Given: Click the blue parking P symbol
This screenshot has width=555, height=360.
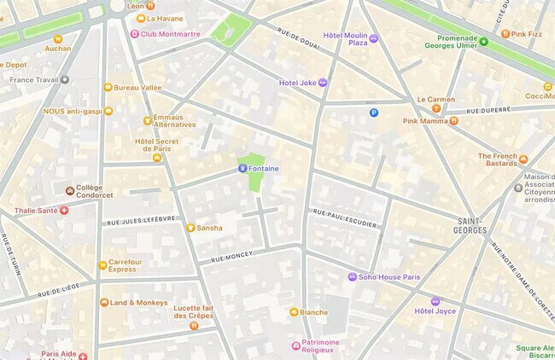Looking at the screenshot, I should (373, 113).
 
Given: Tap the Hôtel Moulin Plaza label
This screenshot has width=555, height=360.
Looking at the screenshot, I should (346, 38).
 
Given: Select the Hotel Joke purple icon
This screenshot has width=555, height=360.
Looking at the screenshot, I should (322, 83).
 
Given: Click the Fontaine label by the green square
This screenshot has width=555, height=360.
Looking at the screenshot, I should (263, 169).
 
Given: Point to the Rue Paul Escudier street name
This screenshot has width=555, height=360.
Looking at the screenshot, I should (345, 218).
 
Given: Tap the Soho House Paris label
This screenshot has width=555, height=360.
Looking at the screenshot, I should (389, 277).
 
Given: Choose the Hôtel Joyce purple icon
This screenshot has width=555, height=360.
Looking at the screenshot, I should (435, 301).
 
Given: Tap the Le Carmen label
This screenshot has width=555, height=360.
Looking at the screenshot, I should (435, 100).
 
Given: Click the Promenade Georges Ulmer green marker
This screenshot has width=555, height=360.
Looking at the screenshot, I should (483, 42).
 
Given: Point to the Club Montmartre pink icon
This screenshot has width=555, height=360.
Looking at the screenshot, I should (134, 34).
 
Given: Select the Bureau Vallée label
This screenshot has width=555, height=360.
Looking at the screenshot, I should (137, 87).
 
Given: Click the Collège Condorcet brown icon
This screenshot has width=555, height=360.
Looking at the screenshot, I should (70, 190).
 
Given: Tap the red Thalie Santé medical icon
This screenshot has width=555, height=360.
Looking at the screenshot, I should (64, 211).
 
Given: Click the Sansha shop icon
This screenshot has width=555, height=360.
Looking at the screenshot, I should (190, 228).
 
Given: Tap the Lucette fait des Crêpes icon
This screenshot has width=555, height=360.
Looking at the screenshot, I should (194, 326).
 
